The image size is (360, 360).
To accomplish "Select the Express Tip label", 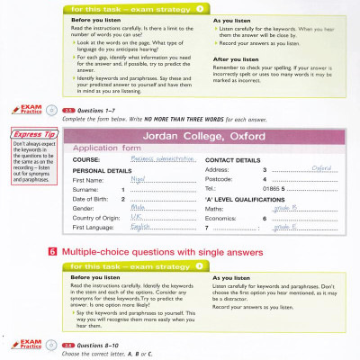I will (x=31, y=135).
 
